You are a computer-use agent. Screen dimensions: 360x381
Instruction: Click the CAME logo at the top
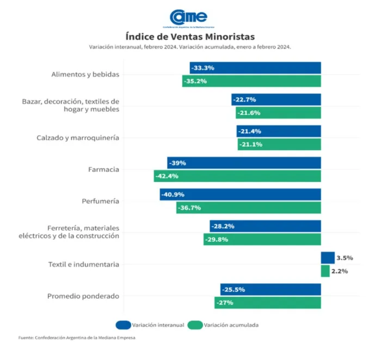188,17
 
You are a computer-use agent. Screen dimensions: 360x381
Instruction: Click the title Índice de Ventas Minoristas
190,36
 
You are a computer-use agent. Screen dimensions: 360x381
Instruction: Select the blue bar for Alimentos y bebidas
255,68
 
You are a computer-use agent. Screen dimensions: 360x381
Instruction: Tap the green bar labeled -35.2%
251,81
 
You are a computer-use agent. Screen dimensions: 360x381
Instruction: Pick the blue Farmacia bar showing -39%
244,163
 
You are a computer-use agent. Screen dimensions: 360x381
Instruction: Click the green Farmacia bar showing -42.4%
237,176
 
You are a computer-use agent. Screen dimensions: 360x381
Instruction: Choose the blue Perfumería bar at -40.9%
240,194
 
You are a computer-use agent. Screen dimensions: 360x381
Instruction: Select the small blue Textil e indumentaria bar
328,258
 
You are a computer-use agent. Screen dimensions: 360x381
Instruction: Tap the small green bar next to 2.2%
325,271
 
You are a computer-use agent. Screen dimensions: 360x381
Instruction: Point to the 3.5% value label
345,258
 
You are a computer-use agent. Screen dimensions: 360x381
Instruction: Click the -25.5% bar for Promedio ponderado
271,289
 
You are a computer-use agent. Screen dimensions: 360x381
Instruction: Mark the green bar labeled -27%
267,302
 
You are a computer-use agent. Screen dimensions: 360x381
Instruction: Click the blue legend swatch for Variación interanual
123,325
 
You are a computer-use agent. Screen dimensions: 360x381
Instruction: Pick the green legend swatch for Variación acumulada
194,325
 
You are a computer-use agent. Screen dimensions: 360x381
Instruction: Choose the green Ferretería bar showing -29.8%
262,239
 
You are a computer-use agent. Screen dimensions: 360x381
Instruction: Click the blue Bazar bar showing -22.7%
276,100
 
